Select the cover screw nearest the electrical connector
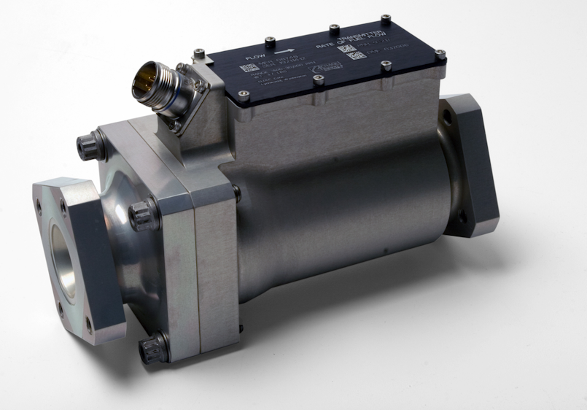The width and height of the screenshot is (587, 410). pyautogui.click(x=198, y=53)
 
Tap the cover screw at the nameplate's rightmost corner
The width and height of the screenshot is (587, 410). pyautogui.click(x=440, y=53)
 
